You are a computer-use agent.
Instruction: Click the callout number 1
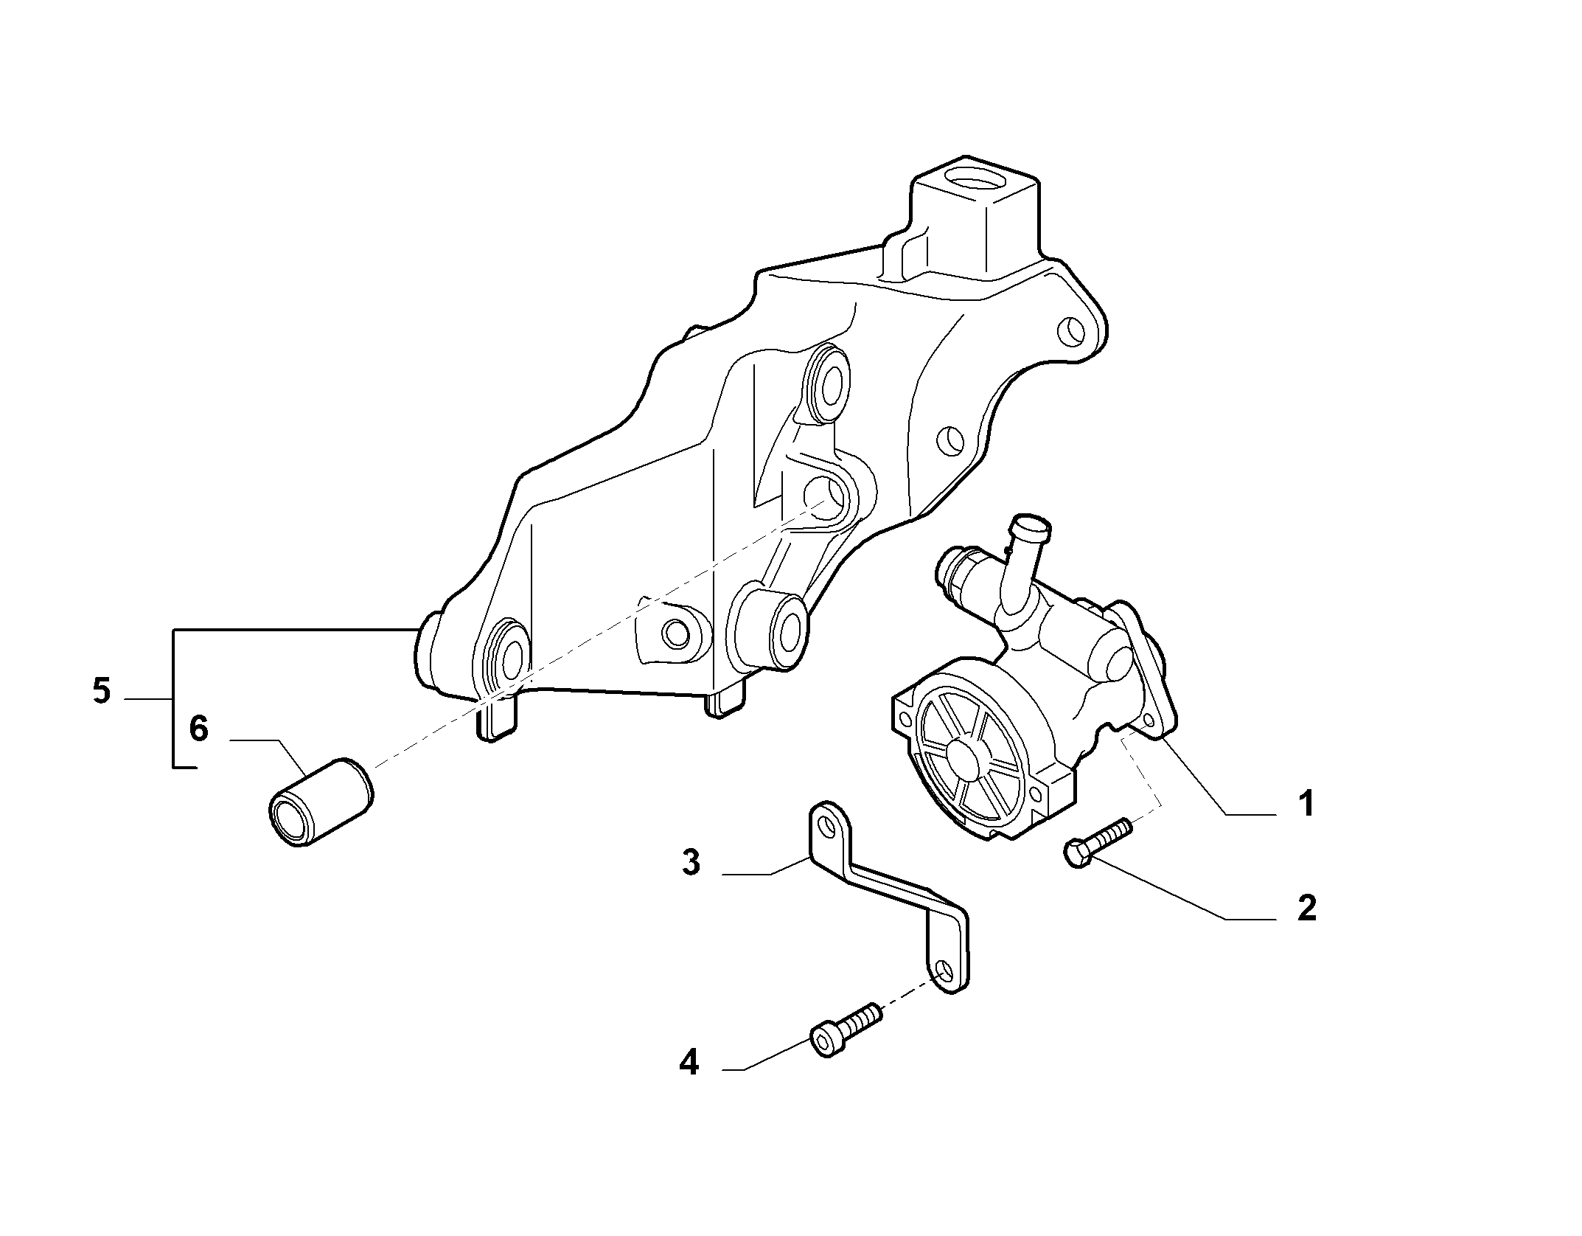click(x=1306, y=802)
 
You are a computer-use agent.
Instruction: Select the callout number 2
click(x=1306, y=908)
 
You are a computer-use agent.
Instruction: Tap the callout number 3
click(x=691, y=862)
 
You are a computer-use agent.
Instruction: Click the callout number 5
click(x=102, y=692)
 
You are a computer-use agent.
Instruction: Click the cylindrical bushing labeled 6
click(x=320, y=801)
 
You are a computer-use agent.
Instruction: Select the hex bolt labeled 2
click(x=1097, y=841)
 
